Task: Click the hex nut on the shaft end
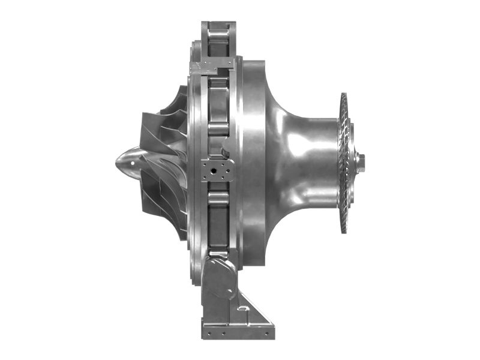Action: pos(360,160)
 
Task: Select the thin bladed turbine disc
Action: pos(344,162)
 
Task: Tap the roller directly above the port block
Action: pos(217,128)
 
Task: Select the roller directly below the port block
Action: pos(217,199)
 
